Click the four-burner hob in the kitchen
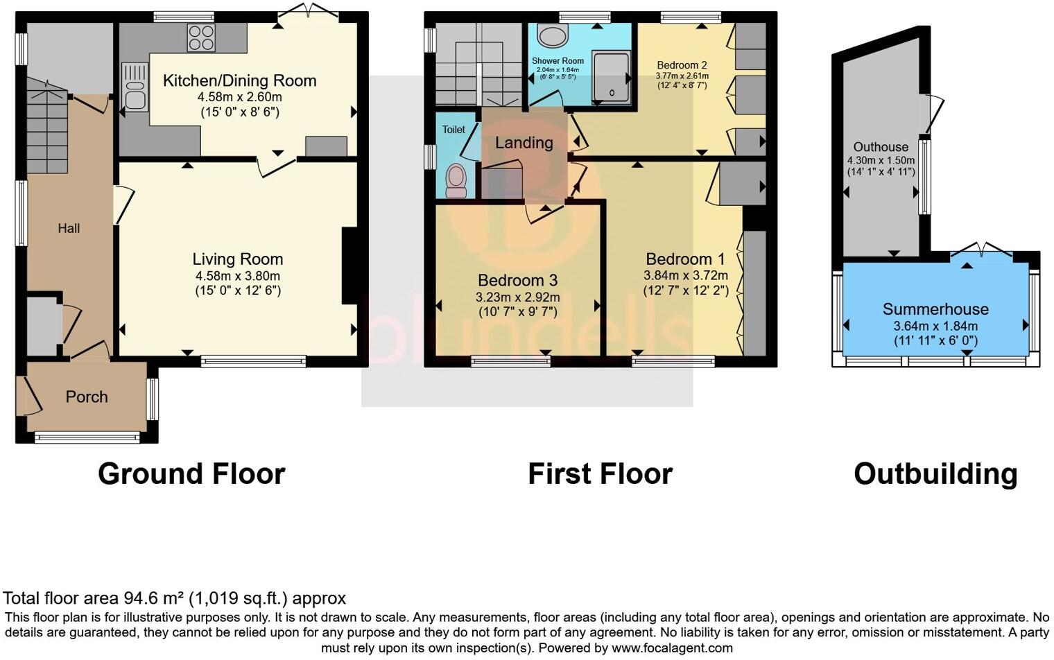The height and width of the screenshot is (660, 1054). tap(201, 37)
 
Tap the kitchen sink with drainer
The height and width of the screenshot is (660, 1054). tap(135, 87)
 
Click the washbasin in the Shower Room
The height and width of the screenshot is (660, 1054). tap(553, 35)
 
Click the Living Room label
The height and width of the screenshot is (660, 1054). tap(238, 259)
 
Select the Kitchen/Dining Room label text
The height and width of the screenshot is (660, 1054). tap(239, 80)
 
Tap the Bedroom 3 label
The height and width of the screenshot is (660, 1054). tap(517, 280)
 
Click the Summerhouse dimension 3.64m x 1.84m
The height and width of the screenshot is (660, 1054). tap(935, 326)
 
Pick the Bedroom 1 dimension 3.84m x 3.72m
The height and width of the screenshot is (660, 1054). tap(685, 275)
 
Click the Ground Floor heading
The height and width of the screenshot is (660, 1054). tap(191, 474)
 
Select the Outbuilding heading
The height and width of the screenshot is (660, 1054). tap(935, 474)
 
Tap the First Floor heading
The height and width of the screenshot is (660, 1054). tap(600, 474)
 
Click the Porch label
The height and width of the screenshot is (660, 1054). tap(87, 397)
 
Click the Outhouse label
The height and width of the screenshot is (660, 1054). tap(881, 147)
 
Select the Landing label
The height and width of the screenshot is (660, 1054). tap(524, 143)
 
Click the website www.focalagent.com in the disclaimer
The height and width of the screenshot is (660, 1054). tap(671, 648)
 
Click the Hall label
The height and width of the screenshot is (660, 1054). tap(69, 228)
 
